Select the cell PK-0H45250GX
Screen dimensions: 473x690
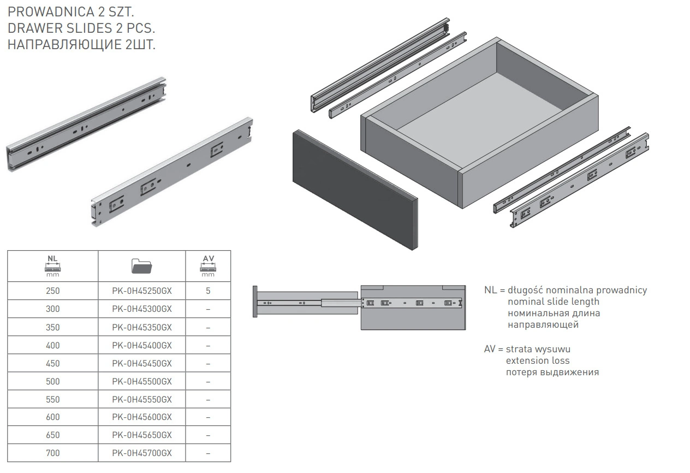pyautogui.click(x=142, y=291)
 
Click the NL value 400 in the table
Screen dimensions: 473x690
pyautogui.click(x=53, y=345)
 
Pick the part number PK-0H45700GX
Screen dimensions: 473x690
pyautogui.click(x=142, y=453)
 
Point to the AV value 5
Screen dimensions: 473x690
pyautogui.click(x=208, y=291)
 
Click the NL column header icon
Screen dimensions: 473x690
pyautogui.click(x=53, y=265)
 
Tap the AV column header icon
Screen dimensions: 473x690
pyautogui.click(x=208, y=265)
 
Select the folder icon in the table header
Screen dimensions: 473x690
pyautogui.click(x=142, y=266)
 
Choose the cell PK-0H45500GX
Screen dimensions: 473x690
pyautogui.click(x=142, y=381)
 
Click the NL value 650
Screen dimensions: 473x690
pyautogui.click(x=53, y=435)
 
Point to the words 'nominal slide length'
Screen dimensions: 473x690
pyautogui.click(x=554, y=301)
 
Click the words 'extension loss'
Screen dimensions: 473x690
pyautogui.click(x=538, y=360)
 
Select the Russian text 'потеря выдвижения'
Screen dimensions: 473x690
pyautogui.click(x=552, y=373)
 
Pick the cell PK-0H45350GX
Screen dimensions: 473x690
pyautogui.click(x=142, y=327)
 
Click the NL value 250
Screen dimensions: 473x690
pyautogui.click(x=53, y=291)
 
